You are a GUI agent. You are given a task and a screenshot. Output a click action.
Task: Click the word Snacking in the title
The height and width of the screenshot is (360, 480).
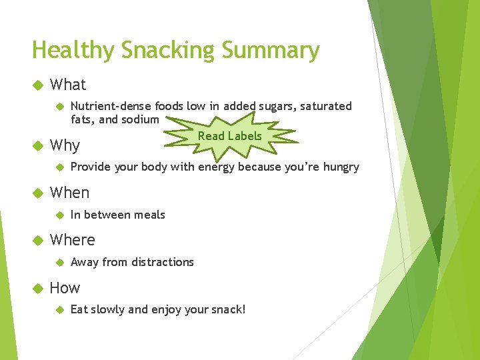coord(167,49)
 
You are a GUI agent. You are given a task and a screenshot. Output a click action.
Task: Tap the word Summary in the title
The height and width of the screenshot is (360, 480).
coord(271,51)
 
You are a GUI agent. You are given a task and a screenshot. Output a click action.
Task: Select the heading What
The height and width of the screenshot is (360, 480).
coord(68,85)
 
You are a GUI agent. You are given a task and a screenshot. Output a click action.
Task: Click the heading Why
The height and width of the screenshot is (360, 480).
coord(65,146)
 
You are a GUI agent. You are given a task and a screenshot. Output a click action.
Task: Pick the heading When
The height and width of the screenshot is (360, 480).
coord(69,193)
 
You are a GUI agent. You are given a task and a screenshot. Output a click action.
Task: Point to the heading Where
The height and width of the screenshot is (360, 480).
coord(72,240)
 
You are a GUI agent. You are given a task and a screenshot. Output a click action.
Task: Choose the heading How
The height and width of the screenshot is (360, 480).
coord(65,288)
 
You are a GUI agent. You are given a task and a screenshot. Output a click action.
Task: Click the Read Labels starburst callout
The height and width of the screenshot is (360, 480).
coord(230,136)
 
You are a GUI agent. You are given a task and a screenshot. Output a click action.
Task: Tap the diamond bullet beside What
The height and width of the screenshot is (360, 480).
coord(38,85)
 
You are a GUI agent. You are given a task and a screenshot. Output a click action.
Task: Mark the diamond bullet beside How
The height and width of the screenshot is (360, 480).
coord(38,289)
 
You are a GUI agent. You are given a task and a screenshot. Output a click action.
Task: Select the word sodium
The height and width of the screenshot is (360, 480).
coord(140,119)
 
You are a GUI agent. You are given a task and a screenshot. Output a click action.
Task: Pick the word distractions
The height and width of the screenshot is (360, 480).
coord(163,263)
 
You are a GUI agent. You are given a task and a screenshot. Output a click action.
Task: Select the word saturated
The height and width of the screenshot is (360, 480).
coord(326,106)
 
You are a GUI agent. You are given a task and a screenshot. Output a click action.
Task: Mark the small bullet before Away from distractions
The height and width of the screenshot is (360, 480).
coord(60,263)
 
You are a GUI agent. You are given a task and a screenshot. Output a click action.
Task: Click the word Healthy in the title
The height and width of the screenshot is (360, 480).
coord(73,51)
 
